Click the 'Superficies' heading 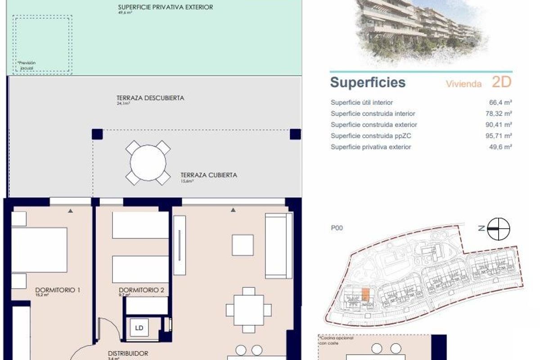pos(368,83)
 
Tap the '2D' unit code pos(502,82)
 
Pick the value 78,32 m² pos(499,114)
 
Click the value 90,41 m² pos(499,125)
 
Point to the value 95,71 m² pos(499,136)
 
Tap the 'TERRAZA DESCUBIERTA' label pos(150,98)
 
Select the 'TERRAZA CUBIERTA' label pos(208,175)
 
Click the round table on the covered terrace pos(148,162)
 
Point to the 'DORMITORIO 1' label pos(58,290)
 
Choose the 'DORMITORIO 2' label pos(141,290)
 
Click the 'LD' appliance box pos(139,328)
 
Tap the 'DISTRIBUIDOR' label pos(128,354)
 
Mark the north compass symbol pos(499,228)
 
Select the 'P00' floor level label pos(337,228)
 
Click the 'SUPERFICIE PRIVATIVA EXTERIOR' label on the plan pos(165,7)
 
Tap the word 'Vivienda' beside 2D pos(463,84)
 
